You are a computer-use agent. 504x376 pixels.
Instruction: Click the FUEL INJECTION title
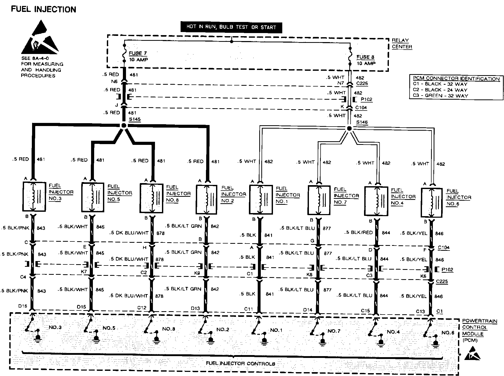[43, 9]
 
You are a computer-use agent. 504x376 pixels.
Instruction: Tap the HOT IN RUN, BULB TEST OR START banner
[231, 27]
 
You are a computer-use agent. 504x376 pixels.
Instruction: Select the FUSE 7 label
[138, 53]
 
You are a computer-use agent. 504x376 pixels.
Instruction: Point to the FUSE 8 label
[365, 57]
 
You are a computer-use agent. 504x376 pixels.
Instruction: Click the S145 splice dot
[124, 126]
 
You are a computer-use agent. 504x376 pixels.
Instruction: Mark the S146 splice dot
[349, 128]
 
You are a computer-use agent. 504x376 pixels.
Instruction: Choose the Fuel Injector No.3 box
[34, 197]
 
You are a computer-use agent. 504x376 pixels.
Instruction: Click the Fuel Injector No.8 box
[151, 198]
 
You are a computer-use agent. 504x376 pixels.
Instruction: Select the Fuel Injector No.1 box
[261, 199]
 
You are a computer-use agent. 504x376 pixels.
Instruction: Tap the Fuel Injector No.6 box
[432, 203]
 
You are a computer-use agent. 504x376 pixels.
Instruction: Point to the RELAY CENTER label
[402, 43]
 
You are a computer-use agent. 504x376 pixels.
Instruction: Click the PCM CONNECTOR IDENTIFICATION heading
[456, 79]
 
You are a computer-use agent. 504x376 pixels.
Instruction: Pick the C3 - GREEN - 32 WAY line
[440, 96]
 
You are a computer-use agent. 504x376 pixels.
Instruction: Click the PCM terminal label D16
[23, 306]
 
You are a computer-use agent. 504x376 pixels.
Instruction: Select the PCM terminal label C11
[248, 309]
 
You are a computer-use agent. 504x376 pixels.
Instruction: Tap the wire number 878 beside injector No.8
[160, 233]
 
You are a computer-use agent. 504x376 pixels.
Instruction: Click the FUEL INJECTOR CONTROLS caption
[240, 364]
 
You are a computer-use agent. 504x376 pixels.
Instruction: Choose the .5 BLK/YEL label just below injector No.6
[414, 233]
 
